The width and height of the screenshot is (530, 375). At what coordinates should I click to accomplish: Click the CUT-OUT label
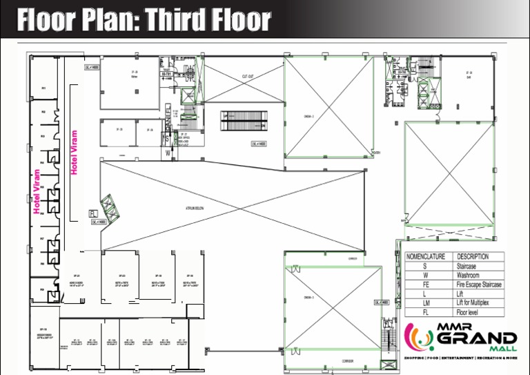pyautogui.click(x=249, y=77)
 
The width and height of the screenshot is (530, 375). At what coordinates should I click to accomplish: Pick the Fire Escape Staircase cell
pyautogui.click(x=479, y=285)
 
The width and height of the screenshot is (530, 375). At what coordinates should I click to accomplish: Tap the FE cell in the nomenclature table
pyautogui.click(x=426, y=285)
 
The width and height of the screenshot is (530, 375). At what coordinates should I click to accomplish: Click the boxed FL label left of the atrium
pyautogui.click(x=92, y=213)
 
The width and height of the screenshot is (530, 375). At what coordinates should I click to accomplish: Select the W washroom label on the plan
pyautogui.click(x=167, y=153)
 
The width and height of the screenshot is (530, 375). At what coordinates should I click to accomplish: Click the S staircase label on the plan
pyautogui.click(x=166, y=138)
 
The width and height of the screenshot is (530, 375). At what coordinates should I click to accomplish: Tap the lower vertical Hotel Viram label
pyautogui.click(x=37, y=193)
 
